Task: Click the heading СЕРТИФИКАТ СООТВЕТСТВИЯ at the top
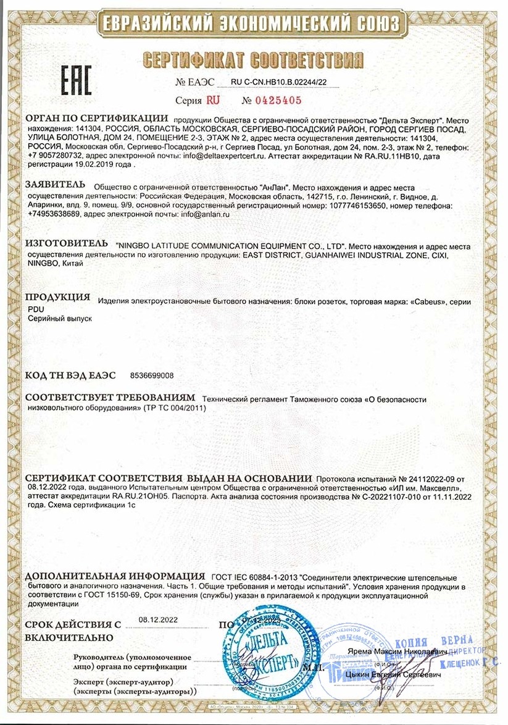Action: click(254, 59)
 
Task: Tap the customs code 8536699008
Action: click(152, 375)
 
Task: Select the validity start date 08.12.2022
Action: click(157, 619)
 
